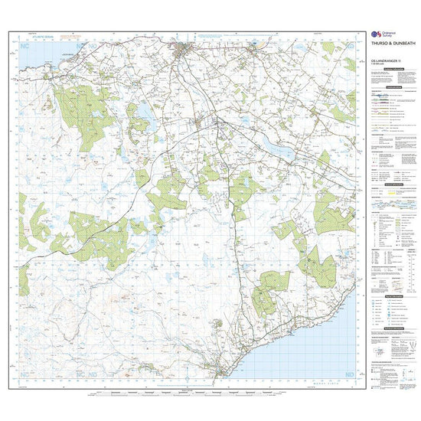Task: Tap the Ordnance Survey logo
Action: coord(377,34)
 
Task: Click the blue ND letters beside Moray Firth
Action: coord(350,374)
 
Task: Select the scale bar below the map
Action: coord(191,395)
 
